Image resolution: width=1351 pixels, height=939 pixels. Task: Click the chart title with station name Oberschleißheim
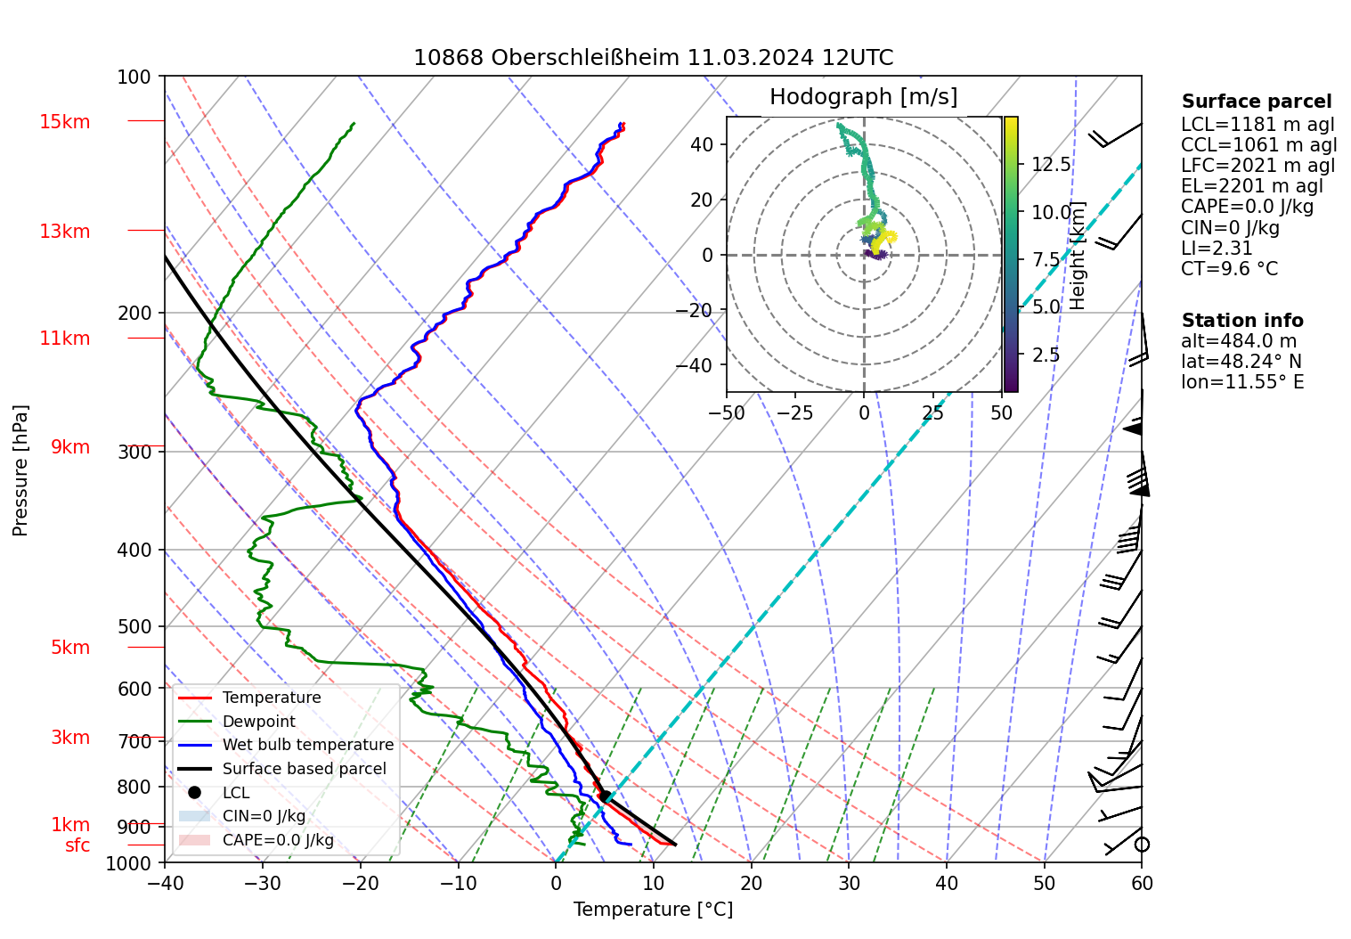point(653,58)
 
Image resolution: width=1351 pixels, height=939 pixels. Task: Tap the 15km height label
point(64,122)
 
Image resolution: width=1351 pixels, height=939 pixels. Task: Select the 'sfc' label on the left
point(77,845)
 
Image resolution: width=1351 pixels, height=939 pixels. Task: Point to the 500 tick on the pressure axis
point(134,626)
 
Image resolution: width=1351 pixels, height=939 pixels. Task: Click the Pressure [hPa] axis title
point(20,470)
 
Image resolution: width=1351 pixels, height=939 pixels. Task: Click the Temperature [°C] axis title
point(653,910)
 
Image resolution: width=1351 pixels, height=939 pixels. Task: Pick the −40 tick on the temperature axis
point(165,883)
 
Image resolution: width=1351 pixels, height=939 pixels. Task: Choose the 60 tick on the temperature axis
point(1142,883)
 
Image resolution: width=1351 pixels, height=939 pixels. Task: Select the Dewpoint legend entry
point(258,722)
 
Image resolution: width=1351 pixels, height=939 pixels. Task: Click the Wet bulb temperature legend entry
point(307,745)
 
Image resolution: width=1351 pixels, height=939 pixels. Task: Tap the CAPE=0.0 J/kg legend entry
point(278,840)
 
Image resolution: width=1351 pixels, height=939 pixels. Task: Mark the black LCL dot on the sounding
point(605,796)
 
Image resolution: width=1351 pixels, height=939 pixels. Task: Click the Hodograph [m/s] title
point(863,97)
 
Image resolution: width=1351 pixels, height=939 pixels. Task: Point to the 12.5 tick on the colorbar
point(1051,165)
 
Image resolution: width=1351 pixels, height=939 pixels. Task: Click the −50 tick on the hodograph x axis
point(727,413)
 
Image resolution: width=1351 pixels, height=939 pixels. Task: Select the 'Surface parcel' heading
point(1256,102)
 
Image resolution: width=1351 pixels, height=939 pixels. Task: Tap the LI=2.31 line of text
point(1217,249)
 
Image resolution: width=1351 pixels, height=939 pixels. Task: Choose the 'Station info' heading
point(1241,321)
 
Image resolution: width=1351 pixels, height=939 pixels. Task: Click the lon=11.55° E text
point(1242,382)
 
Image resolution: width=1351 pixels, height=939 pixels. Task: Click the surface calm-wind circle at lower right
point(1142,844)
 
